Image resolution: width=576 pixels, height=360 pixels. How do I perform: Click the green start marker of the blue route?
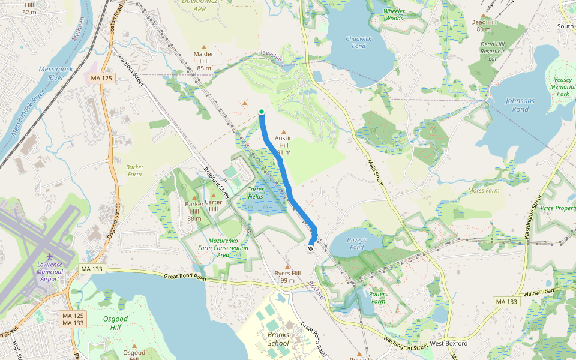point(262,112)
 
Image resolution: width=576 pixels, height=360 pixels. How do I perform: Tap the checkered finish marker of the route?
point(310,248)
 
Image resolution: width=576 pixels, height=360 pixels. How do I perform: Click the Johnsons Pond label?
point(520,104)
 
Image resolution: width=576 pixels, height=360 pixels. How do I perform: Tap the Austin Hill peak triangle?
point(284,131)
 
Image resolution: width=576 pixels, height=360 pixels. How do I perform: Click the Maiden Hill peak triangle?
point(204,47)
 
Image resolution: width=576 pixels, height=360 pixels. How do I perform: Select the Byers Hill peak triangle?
point(287,266)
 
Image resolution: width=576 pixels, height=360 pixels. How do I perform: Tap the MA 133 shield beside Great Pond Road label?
point(91,269)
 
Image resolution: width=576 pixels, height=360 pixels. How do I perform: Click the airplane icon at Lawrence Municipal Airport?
point(49,257)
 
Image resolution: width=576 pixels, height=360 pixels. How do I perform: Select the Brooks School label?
point(278,339)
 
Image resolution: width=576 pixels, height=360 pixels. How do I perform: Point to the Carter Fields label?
point(256,193)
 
